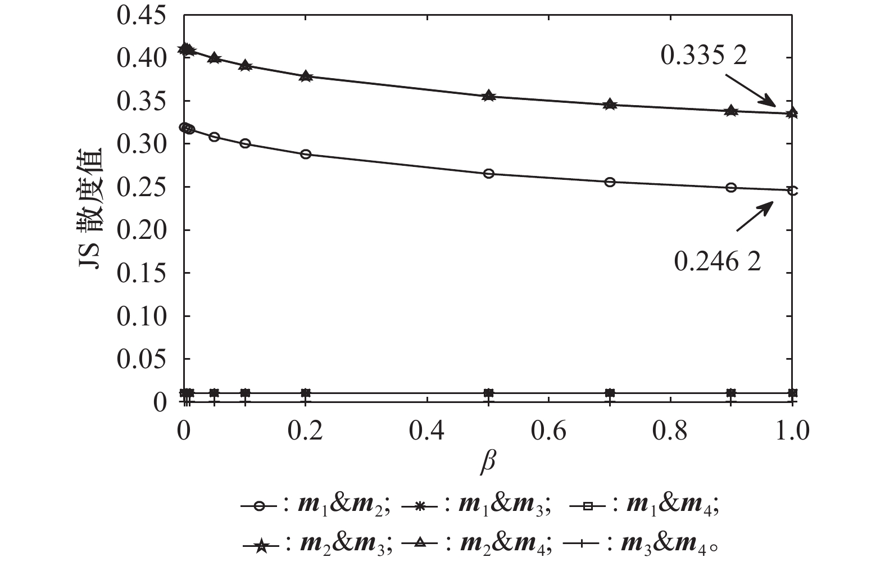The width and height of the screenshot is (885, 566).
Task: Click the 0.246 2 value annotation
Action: pos(718,261)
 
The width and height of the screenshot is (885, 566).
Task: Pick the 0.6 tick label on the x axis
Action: pos(549,431)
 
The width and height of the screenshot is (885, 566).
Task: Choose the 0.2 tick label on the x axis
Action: pos(305,431)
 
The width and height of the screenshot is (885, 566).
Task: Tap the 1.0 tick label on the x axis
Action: pos(792,431)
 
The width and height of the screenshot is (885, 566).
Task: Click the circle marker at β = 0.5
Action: pos(488,174)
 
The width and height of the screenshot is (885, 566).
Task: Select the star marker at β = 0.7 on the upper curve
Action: pos(610,105)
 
